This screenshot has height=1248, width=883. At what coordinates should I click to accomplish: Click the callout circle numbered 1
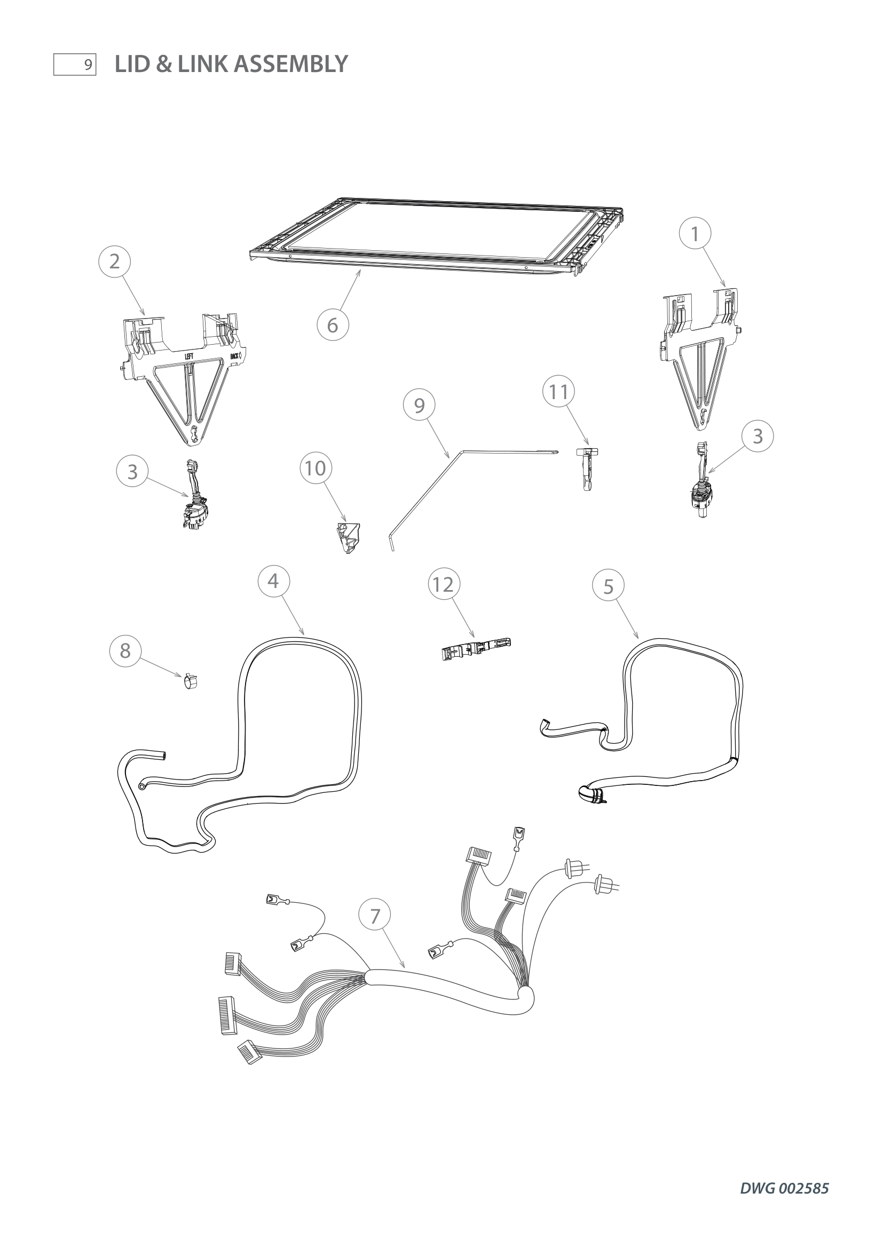click(x=695, y=233)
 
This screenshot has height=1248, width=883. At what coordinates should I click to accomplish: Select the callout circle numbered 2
click(x=114, y=261)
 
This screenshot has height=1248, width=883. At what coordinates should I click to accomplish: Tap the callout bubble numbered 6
click(x=333, y=325)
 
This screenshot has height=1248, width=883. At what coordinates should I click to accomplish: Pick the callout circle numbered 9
click(x=419, y=406)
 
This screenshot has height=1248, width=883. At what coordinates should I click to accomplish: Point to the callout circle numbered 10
click(x=316, y=468)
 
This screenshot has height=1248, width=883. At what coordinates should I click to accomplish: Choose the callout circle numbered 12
click(x=444, y=584)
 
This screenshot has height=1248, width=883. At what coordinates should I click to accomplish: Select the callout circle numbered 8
click(x=125, y=650)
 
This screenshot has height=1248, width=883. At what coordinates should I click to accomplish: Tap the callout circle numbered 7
click(x=375, y=917)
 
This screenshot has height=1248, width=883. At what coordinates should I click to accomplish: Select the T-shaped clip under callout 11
click(x=587, y=468)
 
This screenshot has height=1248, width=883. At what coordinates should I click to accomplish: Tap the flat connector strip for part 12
click(x=476, y=648)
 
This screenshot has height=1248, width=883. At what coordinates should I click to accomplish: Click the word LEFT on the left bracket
click(x=188, y=356)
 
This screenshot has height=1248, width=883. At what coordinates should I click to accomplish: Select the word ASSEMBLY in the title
click(x=291, y=64)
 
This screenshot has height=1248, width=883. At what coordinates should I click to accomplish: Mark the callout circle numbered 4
click(x=273, y=581)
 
